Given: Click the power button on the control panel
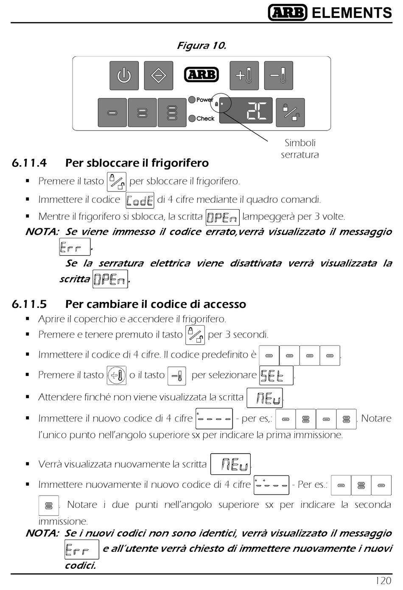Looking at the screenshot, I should [124, 76].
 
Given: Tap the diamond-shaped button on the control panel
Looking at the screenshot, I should [158, 76].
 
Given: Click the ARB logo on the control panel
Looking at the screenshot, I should [201, 75].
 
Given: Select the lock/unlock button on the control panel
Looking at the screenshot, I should [290, 112].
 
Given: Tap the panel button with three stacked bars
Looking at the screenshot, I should [172, 113].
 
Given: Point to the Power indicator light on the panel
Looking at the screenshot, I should [192, 100].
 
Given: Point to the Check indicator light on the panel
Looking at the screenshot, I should [192, 119].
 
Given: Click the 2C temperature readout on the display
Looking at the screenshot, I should [257, 111].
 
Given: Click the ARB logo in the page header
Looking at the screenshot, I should [288, 13].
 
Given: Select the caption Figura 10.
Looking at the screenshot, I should [201, 46].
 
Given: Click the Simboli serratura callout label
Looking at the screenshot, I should [300, 149].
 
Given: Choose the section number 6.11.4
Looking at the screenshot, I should [29, 163].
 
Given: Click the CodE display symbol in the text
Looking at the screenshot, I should [140, 200].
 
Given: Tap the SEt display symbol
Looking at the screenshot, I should [276, 375].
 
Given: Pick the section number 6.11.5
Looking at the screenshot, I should [29, 304].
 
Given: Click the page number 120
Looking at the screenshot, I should [383, 581].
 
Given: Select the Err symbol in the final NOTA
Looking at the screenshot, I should [81, 549].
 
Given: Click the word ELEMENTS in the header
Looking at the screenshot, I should [352, 13].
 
